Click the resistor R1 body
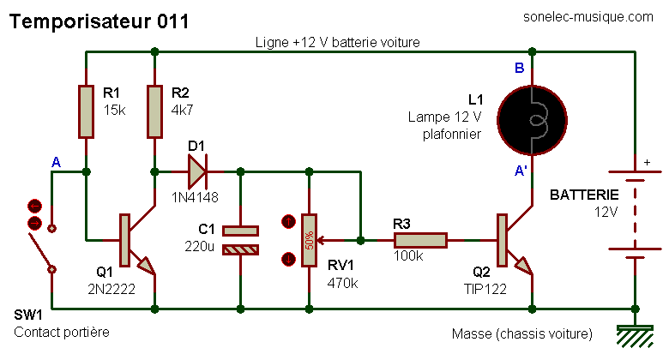coord(86,111)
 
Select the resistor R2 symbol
coord(154,111)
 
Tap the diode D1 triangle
coord(197,171)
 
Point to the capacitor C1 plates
coord(241,241)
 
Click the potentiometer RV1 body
coord(310,241)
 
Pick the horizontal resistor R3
coord(420,240)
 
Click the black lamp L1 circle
coord(532,120)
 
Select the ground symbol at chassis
coord(636,336)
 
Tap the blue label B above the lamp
coord(519,68)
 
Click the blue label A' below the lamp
coord(521,171)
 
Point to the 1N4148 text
coord(195,197)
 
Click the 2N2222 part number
coord(111,289)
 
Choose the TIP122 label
coord(485,289)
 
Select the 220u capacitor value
coord(199,246)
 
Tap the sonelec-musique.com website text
coord(588,17)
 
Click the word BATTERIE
coord(584,195)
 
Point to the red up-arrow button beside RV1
coord(289,222)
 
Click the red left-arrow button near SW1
coord(34,207)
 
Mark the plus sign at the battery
coord(648,162)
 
